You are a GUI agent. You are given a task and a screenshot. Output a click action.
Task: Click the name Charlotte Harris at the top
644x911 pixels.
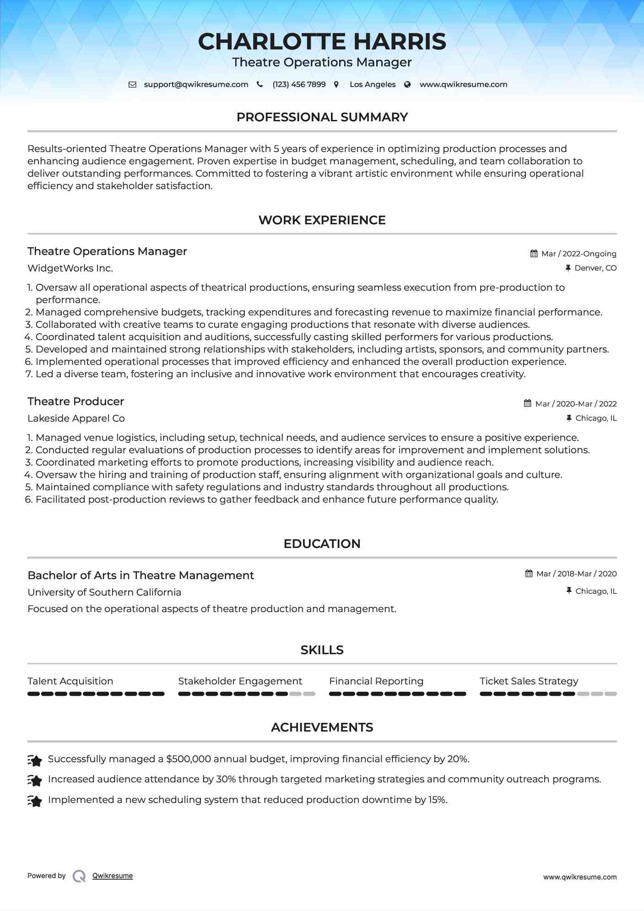pos(322,42)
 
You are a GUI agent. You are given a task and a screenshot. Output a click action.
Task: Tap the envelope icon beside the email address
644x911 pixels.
pos(132,85)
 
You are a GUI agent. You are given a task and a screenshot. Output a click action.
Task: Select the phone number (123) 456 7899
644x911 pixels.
pos(299,85)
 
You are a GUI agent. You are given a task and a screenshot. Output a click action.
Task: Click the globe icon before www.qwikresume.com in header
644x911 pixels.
pos(407,85)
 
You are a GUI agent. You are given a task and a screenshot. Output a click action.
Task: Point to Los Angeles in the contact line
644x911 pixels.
pos(372,85)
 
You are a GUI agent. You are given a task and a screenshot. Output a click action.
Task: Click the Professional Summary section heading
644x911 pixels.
pos(322,117)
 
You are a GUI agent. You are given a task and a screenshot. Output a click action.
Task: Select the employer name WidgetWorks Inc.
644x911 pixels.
pos(70,268)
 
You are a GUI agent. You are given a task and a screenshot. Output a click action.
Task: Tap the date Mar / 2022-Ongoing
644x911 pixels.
pos(579,254)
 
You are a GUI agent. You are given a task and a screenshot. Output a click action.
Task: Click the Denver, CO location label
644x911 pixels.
pos(595,268)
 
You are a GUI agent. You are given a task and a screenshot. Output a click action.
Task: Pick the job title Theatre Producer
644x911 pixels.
pos(76,401)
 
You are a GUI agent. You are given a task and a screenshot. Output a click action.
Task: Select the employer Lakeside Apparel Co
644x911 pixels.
pos(76,418)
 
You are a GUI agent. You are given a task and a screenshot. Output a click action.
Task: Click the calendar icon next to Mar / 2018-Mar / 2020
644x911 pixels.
pos(529,574)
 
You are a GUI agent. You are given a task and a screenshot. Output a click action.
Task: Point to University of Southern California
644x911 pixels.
pos(104,592)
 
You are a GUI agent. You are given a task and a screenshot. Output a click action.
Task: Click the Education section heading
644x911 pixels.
pos(322,544)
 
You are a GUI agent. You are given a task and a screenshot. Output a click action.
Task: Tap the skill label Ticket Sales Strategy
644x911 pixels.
pos(529,681)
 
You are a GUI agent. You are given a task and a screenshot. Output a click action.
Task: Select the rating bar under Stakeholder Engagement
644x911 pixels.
pos(246,694)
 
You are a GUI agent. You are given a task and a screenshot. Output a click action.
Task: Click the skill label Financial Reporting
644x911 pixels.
pos(376,681)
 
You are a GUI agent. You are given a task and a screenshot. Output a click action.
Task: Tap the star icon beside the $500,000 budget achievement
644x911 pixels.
pos(35,760)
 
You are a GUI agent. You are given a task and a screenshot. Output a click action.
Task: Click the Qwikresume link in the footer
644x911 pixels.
pos(113,876)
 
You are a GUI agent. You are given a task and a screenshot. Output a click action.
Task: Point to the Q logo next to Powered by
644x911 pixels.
pos(79,876)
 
